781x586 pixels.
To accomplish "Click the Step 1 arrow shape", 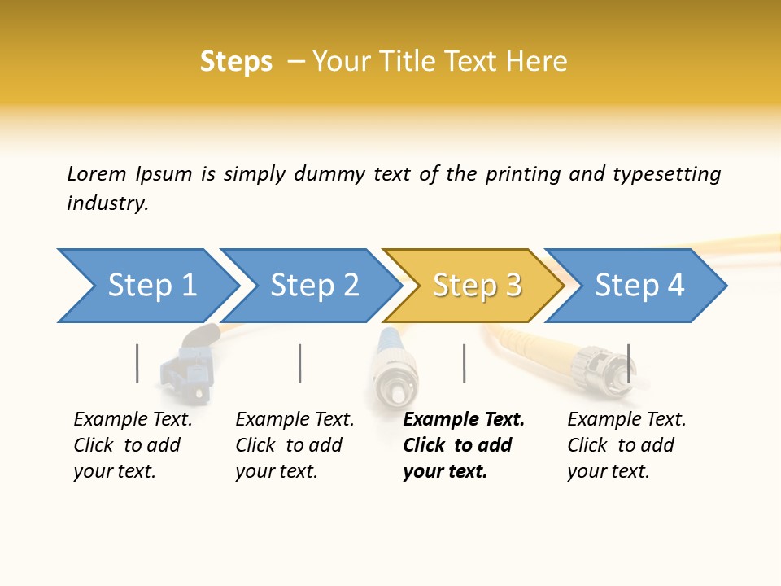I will tap(146, 286).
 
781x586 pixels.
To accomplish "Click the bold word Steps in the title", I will tap(236, 62).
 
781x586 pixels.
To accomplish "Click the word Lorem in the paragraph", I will tap(97, 173).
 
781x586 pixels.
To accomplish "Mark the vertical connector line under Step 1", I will tap(137, 363).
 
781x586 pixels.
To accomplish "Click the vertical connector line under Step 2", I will tap(300, 363).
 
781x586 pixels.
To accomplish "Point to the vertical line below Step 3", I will tap(465, 363).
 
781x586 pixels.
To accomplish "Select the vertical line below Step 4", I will tap(629, 363).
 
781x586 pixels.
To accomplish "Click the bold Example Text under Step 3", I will tap(464, 420).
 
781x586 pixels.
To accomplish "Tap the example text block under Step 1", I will tap(133, 445).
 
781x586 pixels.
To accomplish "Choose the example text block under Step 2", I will tap(295, 445).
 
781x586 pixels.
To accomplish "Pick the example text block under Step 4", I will tap(626, 445).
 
